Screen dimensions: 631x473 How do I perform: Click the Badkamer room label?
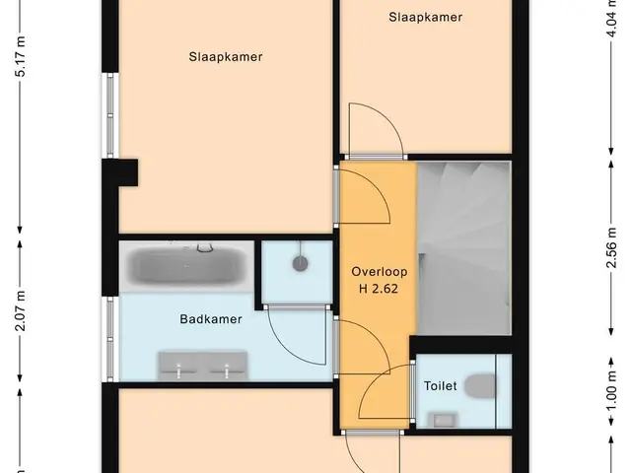coord(211,319)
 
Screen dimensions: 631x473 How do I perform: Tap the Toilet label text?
coord(441,386)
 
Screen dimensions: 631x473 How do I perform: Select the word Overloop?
coord(379,272)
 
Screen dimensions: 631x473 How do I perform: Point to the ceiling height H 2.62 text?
coord(379,289)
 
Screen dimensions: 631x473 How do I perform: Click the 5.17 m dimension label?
coord(20,56)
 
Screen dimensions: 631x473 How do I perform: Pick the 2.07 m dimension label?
coord(20,311)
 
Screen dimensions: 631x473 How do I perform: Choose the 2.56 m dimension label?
coord(611,247)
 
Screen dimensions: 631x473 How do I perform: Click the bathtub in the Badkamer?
coord(186,266)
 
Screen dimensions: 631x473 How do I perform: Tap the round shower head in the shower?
coord(300,264)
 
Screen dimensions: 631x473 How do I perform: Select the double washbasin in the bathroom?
coord(202,366)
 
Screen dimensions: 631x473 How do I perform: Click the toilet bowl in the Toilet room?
coord(480,386)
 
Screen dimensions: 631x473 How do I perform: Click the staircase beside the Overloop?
coord(464,247)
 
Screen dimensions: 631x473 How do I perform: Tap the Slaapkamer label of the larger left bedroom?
coord(226,57)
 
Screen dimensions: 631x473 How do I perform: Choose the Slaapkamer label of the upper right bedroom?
coord(425,18)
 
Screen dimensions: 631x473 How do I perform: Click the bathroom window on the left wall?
coord(110,339)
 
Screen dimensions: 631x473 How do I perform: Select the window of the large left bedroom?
coord(110,115)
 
